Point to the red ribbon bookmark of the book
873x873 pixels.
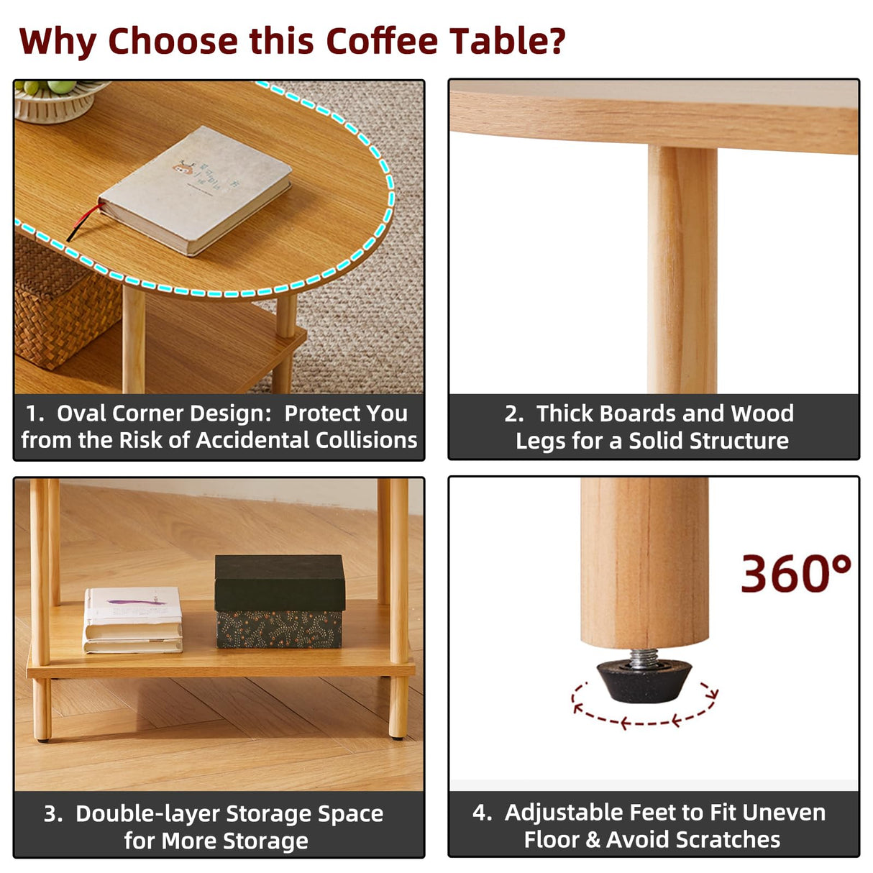coord(83,221)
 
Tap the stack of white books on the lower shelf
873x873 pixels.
coord(133,620)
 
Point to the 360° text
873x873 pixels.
coord(795,574)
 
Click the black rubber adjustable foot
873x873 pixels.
coord(644,680)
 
